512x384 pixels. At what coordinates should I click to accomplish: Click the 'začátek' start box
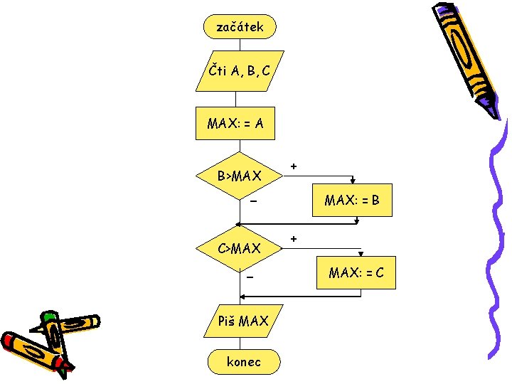[240, 27]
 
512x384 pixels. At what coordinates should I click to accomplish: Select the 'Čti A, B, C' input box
[240, 70]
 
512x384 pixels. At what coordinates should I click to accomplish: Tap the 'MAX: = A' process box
[235, 124]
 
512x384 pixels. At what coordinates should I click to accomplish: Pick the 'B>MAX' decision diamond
[239, 175]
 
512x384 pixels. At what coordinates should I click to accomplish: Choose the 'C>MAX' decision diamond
[239, 248]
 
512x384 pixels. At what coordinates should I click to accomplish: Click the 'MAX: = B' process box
[352, 201]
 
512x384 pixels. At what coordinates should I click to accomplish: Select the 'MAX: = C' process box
[356, 272]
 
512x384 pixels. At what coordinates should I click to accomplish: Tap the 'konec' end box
[243, 362]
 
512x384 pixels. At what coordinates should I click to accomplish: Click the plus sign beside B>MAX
[294, 166]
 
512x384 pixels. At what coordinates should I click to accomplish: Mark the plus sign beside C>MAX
[294, 238]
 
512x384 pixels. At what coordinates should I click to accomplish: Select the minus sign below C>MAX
[250, 276]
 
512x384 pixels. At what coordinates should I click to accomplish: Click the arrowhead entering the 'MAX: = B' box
[353, 182]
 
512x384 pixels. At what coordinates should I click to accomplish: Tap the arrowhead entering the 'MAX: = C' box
[361, 253]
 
